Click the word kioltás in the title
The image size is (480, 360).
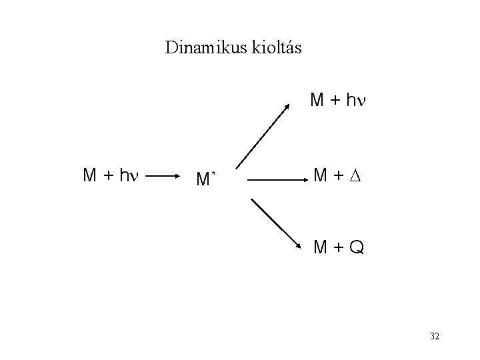277,48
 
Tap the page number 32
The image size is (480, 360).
434,337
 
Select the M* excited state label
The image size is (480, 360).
203,178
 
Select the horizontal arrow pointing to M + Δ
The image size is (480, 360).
275,179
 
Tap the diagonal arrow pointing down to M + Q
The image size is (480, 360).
275,222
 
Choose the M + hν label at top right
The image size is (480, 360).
339,101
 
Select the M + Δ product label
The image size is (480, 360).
339,176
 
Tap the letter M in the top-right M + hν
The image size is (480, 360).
317,101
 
